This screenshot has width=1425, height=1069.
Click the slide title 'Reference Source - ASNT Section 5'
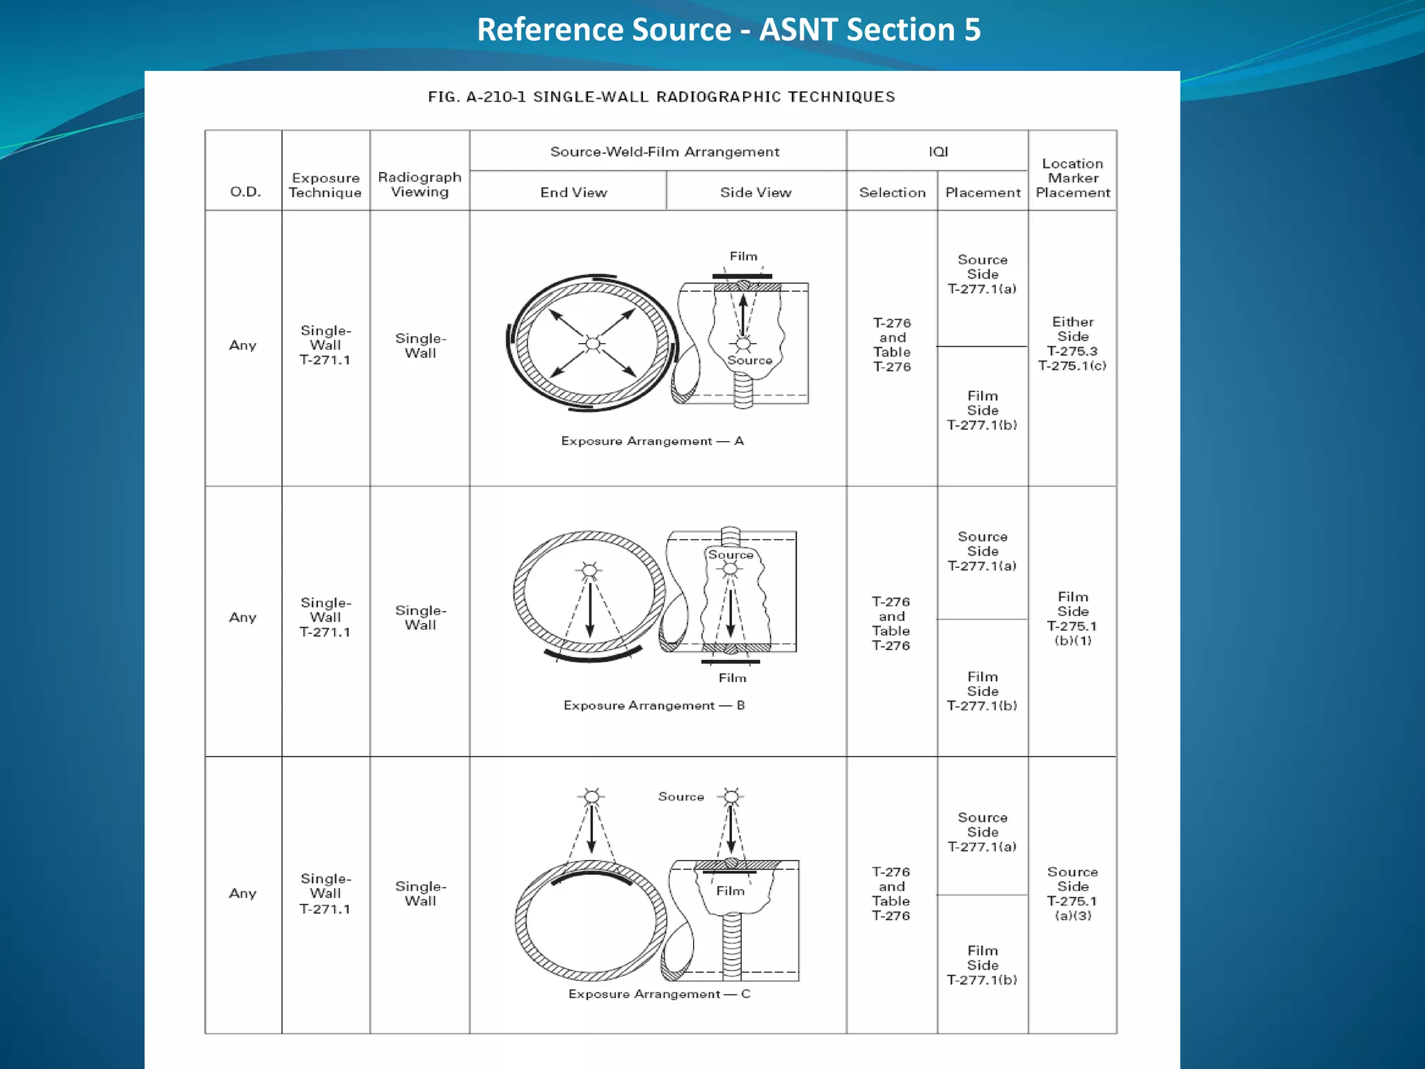coord(729,30)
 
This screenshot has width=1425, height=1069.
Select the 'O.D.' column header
coord(245,192)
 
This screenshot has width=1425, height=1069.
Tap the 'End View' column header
coord(573,192)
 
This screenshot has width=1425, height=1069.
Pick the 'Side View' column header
coord(756,192)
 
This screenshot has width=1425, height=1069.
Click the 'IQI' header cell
coord(938,152)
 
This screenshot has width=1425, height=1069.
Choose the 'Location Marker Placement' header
coord(1072,178)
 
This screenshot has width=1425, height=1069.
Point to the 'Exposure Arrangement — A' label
coord(652,441)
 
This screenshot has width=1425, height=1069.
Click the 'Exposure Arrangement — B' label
coord(653,706)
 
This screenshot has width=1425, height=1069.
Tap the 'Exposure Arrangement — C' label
coord(659,994)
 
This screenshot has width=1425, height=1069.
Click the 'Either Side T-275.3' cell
coord(1072,344)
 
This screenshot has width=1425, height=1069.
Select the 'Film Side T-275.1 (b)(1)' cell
coord(1072,619)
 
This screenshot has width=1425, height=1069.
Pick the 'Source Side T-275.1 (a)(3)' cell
coord(1072,894)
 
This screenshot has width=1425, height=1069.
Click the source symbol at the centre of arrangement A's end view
coord(592,343)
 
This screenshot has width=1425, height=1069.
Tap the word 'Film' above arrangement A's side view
coord(743,256)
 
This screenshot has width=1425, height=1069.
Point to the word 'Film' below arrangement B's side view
coord(732,678)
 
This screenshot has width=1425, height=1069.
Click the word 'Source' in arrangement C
coord(680,797)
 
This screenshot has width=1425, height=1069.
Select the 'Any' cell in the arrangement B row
coord(243,617)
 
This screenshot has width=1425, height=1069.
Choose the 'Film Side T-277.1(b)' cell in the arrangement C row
coord(982,965)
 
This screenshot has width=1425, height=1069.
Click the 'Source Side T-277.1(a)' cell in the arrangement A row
coord(982,274)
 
